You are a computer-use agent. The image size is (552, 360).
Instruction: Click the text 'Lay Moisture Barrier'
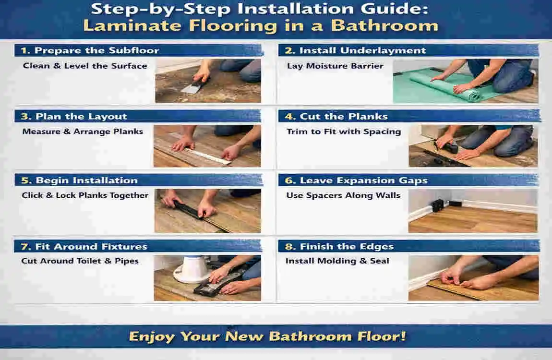335,66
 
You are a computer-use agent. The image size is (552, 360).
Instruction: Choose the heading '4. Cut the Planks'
343,117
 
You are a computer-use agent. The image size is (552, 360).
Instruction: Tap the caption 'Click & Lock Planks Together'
85,195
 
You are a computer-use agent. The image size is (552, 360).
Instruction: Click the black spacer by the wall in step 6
438,205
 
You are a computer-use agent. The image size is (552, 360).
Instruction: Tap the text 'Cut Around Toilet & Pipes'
80,261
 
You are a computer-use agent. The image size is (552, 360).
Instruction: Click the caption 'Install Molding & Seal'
337,261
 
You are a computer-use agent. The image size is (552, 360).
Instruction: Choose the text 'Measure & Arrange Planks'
83,132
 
